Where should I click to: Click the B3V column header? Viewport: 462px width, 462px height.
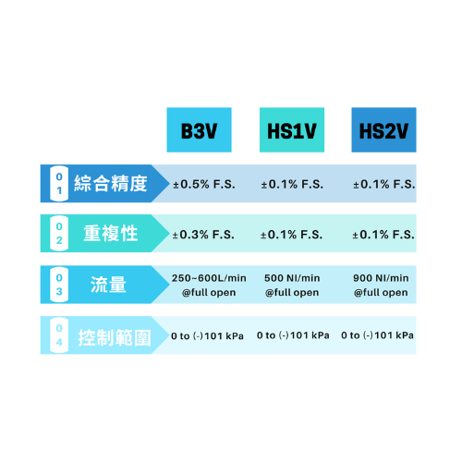pos(199,129)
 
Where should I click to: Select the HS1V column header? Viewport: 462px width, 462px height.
pos(292,129)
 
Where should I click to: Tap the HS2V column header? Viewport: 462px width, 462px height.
pos(383,129)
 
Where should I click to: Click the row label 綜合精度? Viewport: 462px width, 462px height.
pos(111,184)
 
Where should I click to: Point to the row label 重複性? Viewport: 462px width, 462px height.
pos(111,234)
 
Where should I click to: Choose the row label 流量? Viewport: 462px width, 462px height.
pos(108,285)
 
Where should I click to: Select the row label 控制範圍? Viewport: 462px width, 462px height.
pos(115,337)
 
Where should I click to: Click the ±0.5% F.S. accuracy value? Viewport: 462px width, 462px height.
pos(204,184)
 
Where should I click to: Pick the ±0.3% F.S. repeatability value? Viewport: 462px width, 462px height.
pos(203,235)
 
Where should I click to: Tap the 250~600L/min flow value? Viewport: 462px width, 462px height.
pos(209,278)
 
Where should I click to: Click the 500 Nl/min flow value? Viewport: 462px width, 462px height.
pos(292,278)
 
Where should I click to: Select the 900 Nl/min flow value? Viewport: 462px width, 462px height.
pos(381,278)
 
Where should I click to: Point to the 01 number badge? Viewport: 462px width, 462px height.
pos(59,184)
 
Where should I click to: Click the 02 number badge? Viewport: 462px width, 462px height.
pos(59,234)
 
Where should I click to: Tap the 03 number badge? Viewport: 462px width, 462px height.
pos(59,285)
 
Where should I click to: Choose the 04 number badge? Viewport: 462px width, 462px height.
pos(59,335)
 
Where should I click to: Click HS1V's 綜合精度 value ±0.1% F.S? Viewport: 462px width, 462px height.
pos(292,184)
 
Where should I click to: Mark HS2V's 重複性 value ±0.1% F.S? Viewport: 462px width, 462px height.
pos(383,235)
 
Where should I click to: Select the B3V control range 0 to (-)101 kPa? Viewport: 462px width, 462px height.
pos(207,335)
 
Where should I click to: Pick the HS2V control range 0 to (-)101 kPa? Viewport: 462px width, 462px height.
pos(377,335)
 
